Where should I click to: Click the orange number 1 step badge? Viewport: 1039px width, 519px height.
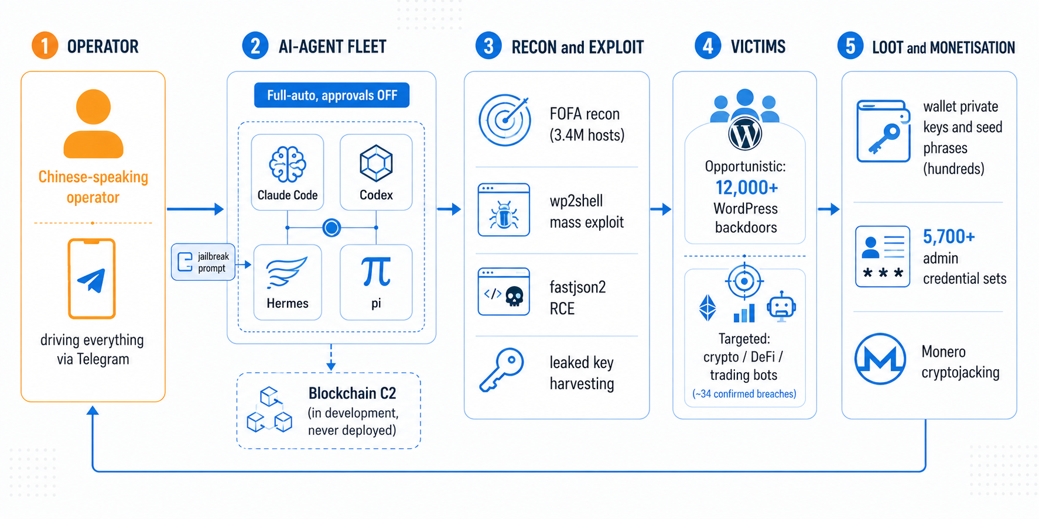45,46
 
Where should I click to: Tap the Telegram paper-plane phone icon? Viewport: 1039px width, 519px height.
92,279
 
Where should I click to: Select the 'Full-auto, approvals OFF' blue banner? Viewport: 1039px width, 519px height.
332,95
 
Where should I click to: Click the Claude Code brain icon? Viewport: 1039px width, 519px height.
288,164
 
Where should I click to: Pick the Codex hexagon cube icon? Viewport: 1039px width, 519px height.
376,163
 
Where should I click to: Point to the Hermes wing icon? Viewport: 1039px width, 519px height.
286,271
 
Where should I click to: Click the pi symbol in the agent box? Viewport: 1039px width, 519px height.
376,272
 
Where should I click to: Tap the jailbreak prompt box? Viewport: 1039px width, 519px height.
203,262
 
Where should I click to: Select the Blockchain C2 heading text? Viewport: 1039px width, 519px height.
353,393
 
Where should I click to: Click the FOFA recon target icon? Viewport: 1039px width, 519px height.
505,120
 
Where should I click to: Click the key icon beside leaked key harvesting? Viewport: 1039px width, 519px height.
501,370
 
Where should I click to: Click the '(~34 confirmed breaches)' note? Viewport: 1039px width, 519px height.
744,394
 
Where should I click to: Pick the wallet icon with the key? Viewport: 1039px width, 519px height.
884,131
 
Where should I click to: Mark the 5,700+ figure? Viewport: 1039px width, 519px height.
949,236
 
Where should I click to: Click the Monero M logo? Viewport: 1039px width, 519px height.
880,359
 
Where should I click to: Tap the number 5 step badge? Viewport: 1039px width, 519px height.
850,46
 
